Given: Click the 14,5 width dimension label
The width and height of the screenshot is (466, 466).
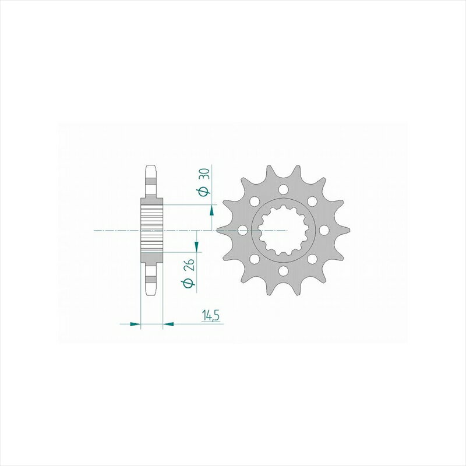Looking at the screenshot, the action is pyautogui.click(x=211, y=315).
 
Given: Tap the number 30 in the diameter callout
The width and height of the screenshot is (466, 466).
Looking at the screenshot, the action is pyautogui.click(x=206, y=174).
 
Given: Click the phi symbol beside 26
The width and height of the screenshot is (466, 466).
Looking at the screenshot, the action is pyautogui.click(x=189, y=283).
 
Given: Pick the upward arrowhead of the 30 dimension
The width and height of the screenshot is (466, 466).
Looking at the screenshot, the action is pyautogui.click(x=211, y=211).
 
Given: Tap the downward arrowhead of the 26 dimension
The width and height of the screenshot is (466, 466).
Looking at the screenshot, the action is pyautogui.click(x=196, y=245).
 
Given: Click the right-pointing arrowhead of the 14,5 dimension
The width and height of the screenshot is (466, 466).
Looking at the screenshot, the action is pyautogui.click(x=135, y=324).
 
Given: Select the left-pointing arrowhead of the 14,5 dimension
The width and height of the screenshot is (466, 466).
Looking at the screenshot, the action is pyautogui.click(x=168, y=324).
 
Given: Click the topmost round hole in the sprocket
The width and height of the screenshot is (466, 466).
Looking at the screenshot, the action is pyautogui.click(x=284, y=189).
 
